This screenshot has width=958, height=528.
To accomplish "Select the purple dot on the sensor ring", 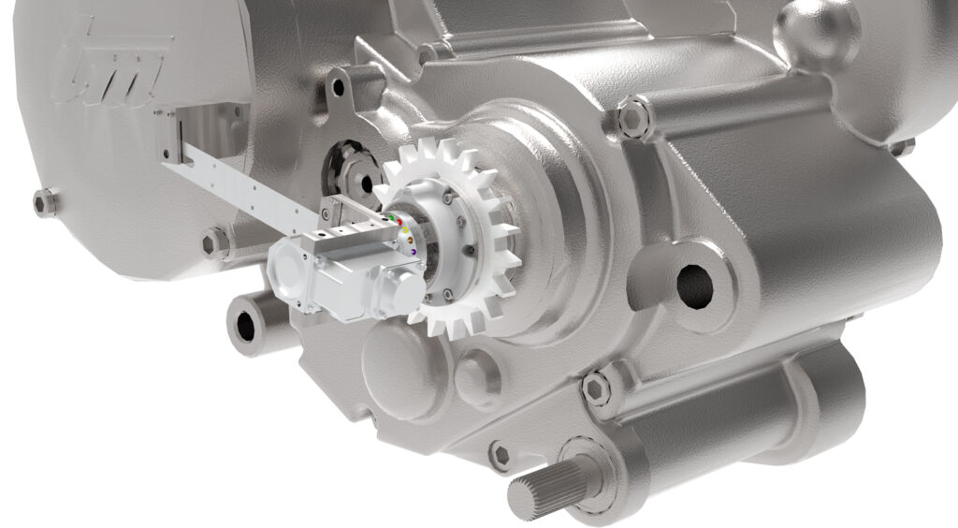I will (x=414, y=251).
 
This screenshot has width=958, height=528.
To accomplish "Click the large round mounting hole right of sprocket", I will (x=694, y=286).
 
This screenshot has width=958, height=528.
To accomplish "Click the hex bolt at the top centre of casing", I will (x=633, y=118).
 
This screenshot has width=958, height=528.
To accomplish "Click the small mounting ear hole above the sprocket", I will (x=337, y=88).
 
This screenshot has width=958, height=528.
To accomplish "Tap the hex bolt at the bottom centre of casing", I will (x=501, y=455).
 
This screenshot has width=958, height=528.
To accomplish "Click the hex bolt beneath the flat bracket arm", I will (x=215, y=242).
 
